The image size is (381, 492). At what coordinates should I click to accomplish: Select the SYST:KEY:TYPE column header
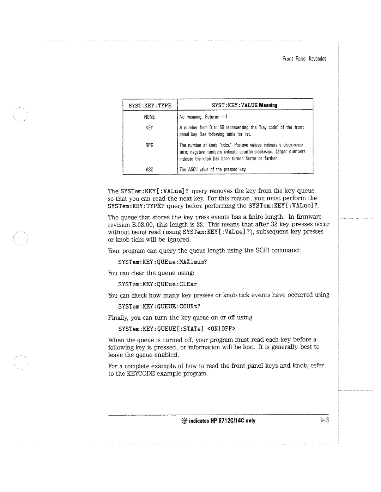pyautogui.click(x=150, y=105)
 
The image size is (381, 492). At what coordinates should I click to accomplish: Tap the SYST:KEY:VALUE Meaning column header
pyautogui.click(x=244, y=105)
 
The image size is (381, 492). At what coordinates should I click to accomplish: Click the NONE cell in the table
pyautogui.click(x=150, y=117)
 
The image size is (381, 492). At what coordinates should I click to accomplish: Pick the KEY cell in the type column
pyautogui.click(x=150, y=127)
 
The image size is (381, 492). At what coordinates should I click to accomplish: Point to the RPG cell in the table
pyautogui.click(x=150, y=145)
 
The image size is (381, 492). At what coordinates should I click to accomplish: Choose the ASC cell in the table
pyautogui.click(x=150, y=169)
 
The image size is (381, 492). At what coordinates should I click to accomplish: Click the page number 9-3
pyautogui.click(x=325, y=421)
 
